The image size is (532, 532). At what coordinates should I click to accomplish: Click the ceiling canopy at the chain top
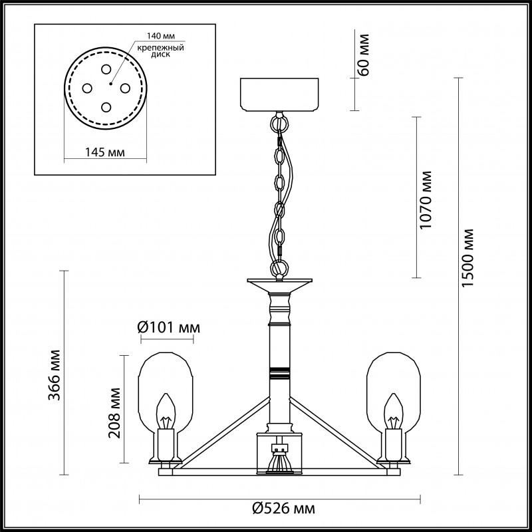280,94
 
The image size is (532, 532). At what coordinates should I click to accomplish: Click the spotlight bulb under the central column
279,462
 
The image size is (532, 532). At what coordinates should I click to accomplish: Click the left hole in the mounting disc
87,87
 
